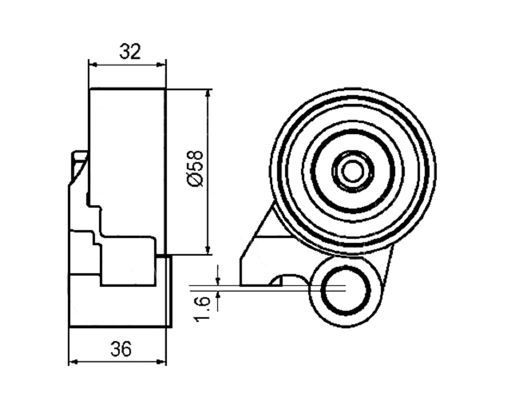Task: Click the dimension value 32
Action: [x=130, y=51]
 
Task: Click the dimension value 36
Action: [x=121, y=349]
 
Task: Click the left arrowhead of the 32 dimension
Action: [x=94, y=64]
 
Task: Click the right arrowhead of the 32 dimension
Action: [x=160, y=64]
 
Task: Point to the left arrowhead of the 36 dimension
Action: [x=74, y=362]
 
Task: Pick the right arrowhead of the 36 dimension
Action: [x=161, y=362]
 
